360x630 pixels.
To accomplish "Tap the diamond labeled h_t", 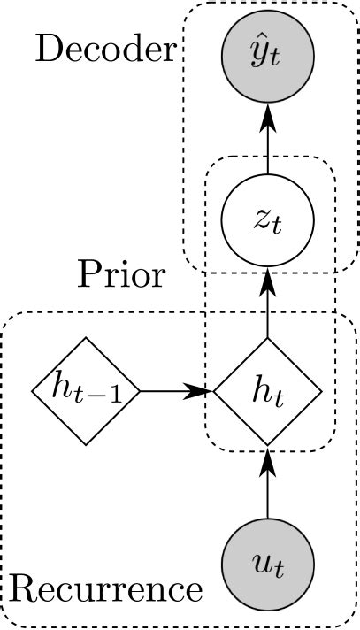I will [x=267, y=390].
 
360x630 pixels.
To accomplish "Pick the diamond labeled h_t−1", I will [x=86, y=390].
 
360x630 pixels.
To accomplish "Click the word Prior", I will [x=120, y=275].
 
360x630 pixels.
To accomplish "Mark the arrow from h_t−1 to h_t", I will [x=177, y=390].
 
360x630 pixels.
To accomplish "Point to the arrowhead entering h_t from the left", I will [x=204, y=390].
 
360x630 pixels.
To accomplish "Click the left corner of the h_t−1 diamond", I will [x=33, y=390].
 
